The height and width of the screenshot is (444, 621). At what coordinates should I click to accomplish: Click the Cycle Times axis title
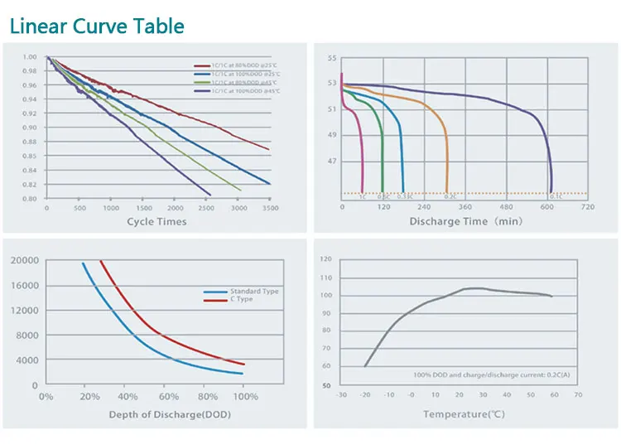(156, 221)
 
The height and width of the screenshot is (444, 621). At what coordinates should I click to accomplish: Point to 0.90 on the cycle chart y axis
(31, 128)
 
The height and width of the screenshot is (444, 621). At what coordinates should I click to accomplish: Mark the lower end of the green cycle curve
(240, 190)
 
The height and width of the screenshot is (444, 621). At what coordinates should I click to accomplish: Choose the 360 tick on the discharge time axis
(465, 208)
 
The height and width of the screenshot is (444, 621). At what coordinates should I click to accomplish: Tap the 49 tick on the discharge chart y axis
(332, 135)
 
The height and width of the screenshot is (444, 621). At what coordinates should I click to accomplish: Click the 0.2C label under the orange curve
(450, 197)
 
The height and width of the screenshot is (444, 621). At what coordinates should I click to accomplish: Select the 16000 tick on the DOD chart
(24, 286)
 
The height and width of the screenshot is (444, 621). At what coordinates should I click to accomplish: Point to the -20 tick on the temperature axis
(364, 395)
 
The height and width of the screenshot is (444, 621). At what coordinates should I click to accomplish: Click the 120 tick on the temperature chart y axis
(325, 259)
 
